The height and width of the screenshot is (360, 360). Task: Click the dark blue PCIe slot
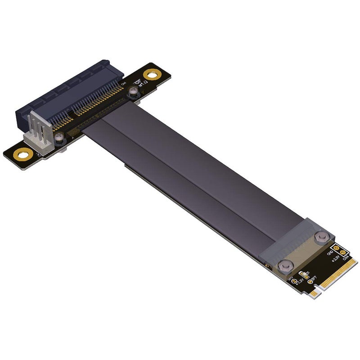point(63,94)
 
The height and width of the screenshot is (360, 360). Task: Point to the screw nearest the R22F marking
point(132,93)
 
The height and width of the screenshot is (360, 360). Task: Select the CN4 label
point(346,258)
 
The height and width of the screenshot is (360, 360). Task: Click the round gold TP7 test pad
point(310,282)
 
